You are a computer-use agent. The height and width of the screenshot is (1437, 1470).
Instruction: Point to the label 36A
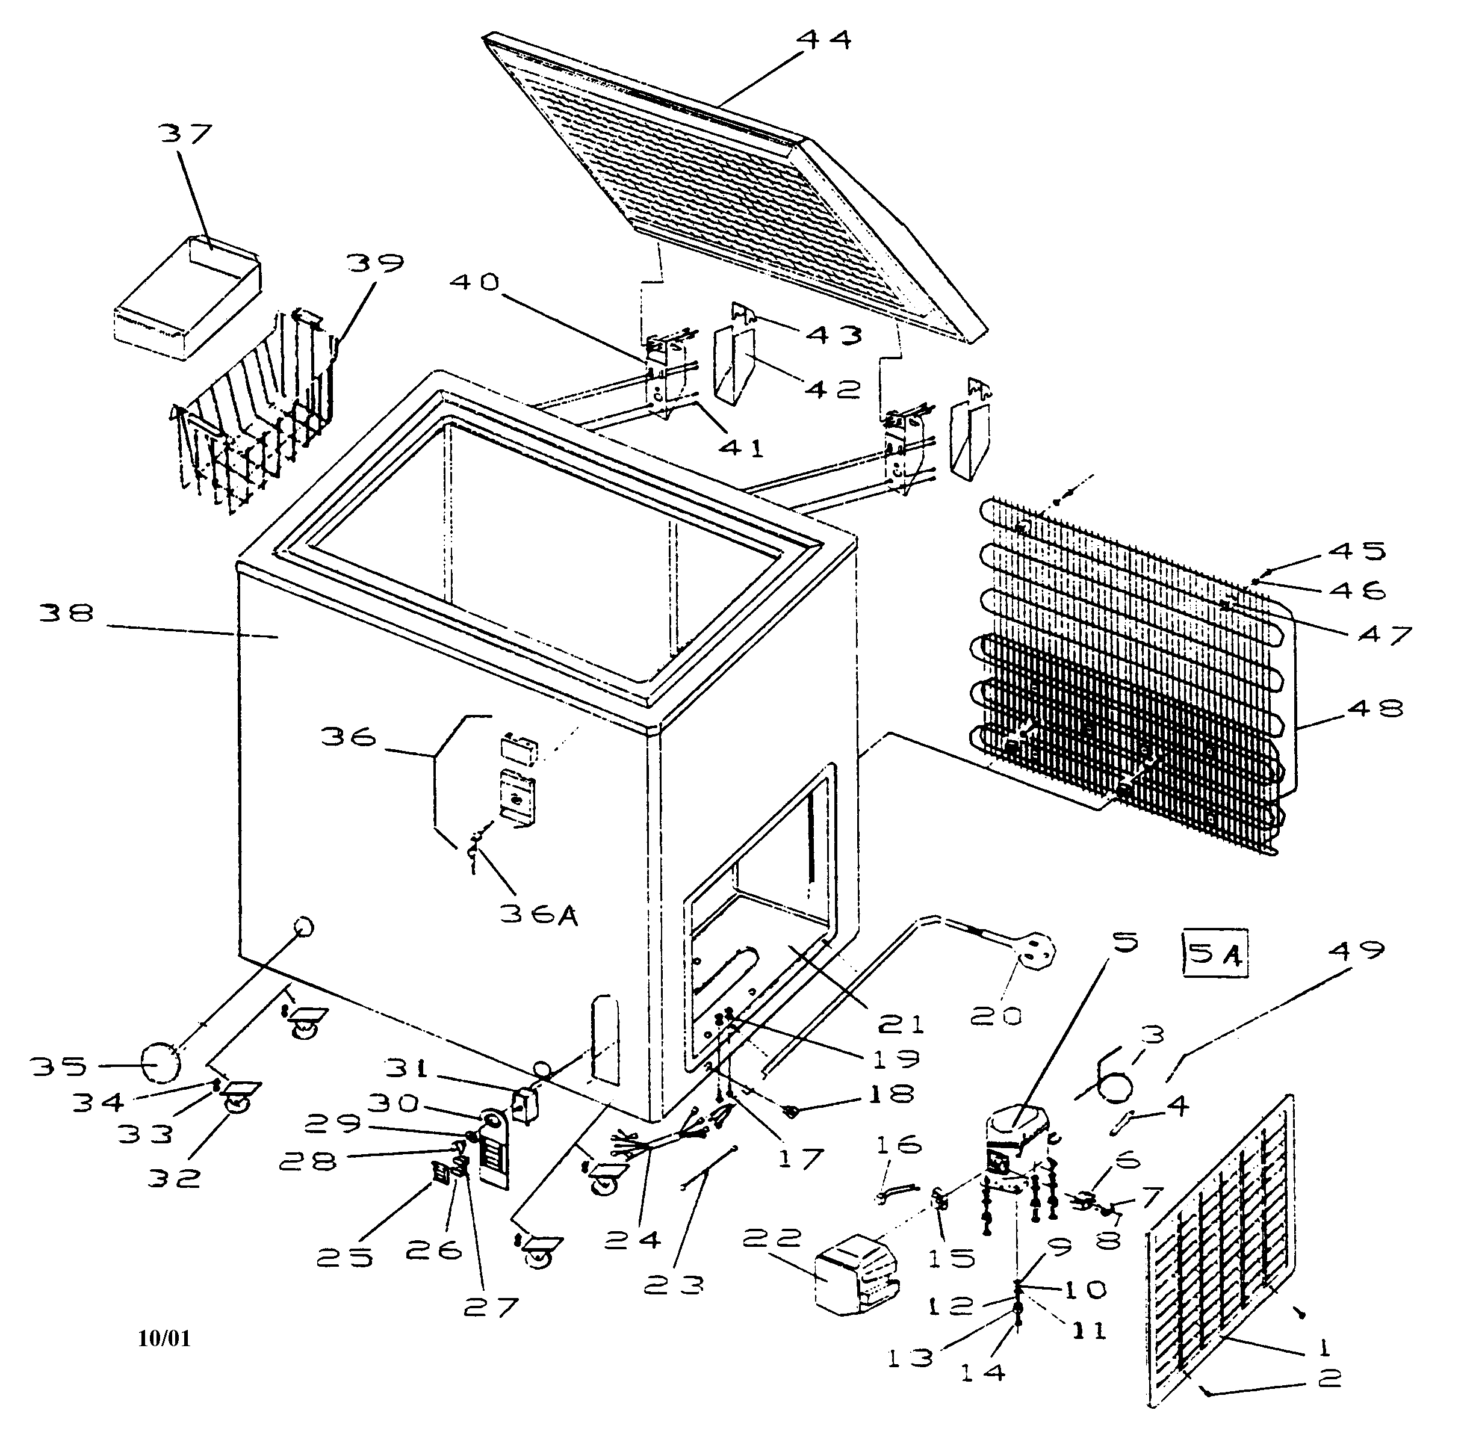click(x=538, y=915)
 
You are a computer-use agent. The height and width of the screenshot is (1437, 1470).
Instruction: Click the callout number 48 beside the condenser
click(x=1374, y=708)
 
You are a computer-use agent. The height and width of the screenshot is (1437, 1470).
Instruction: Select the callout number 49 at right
click(x=1357, y=950)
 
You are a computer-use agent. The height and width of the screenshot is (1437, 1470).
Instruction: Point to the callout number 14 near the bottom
click(x=983, y=1371)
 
